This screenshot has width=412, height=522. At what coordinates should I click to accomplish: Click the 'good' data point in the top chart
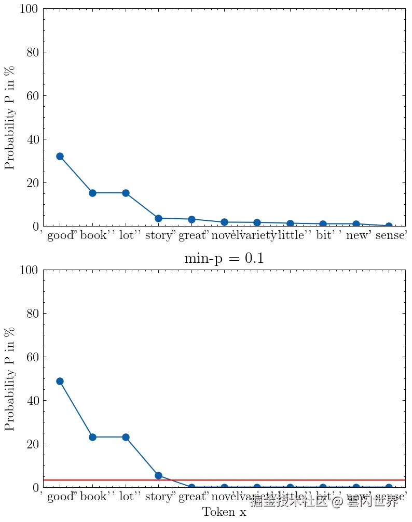[x=60, y=156]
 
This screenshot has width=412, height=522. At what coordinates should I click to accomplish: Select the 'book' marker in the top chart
[x=92, y=193]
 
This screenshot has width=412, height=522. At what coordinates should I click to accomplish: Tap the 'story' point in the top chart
[x=158, y=218]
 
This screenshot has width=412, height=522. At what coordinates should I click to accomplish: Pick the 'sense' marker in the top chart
[x=389, y=226]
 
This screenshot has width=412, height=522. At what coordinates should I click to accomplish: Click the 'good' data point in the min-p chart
[x=60, y=381]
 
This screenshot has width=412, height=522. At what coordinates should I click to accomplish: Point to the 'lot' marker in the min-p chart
[x=126, y=437]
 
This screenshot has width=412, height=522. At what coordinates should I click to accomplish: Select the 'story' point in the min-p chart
[x=158, y=475]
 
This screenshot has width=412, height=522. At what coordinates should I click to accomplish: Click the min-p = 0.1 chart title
[x=224, y=258]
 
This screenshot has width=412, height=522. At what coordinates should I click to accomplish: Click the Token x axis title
[x=224, y=512]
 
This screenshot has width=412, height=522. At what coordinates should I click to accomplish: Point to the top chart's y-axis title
[x=10, y=117]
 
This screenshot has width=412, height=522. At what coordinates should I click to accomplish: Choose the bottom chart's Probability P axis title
[x=10, y=378]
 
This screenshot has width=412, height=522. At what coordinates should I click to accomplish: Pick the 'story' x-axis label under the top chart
[x=158, y=237]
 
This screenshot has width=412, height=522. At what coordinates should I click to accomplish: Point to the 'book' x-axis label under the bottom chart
[x=93, y=498]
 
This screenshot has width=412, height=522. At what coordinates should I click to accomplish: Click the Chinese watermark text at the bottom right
[x=324, y=501]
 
